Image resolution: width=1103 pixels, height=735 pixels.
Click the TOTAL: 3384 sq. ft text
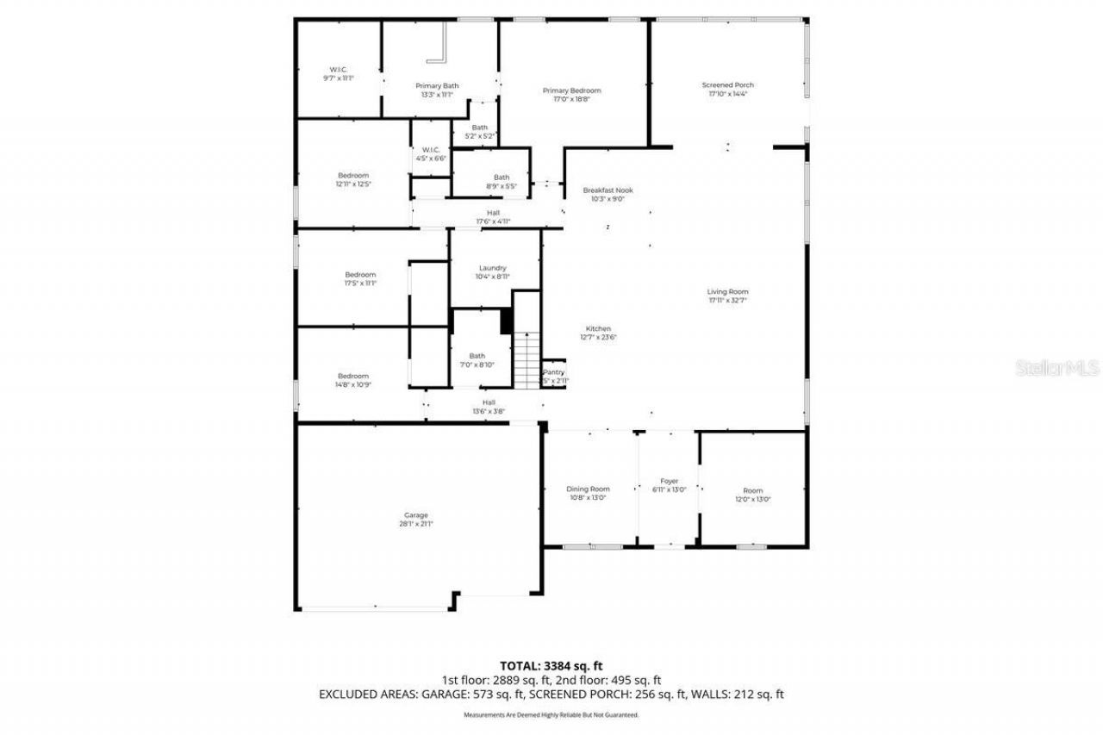point(551,665)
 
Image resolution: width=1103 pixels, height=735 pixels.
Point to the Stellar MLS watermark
point(1057,368)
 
